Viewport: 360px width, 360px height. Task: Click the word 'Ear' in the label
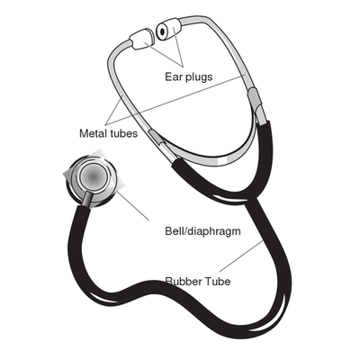[x=174, y=76]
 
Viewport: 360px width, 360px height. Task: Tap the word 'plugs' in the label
[x=199, y=77]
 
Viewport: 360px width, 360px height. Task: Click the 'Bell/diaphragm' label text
[x=202, y=231]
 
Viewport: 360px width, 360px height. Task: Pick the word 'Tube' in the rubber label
[x=218, y=282]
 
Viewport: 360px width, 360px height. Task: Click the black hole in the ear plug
[x=162, y=31]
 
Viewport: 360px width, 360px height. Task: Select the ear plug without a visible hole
[x=141, y=39]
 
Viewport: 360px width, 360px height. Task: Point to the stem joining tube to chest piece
[x=86, y=199]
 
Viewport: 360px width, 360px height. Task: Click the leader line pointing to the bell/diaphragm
[x=132, y=205]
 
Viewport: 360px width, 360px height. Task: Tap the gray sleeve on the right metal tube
[x=255, y=98]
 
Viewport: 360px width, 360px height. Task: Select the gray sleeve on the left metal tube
[x=157, y=138]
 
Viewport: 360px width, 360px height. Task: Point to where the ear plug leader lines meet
[x=183, y=67]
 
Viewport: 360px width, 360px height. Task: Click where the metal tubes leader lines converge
[x=107, y=124]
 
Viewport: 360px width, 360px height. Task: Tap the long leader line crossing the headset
[x=176, y=99]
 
